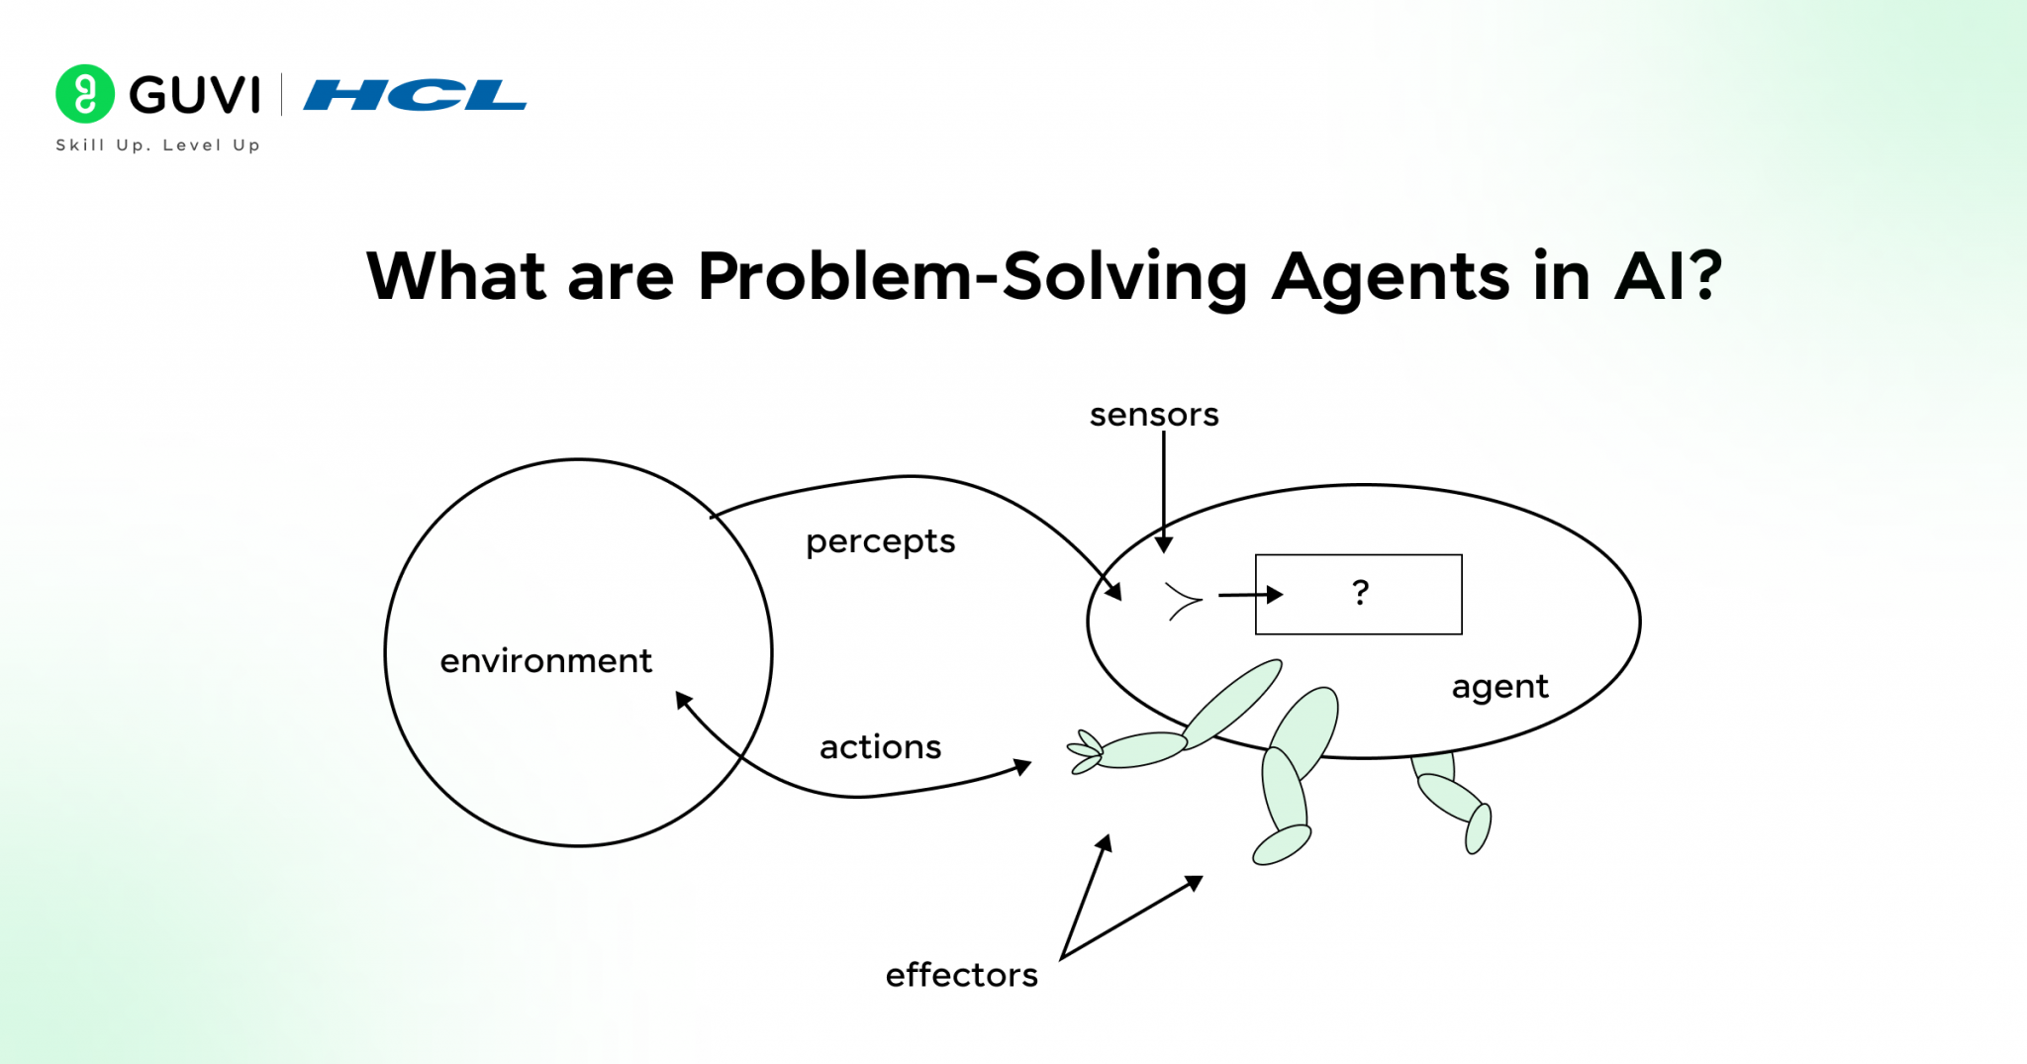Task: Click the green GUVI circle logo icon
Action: pos(85,94)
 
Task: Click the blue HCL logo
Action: pos(415,95)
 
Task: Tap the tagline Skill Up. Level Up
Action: pos(158,145)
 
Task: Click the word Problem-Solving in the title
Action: pos(973,276)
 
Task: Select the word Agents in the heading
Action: pos(1391,278)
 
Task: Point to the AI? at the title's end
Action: pos(1669,276)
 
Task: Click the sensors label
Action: pos(1154,415)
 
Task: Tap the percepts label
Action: pos(880,541)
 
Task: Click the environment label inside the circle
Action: pos(545,660)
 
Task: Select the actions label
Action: pos(880,746)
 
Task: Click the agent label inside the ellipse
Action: pos(1499,687)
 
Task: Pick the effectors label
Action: pos(961,975)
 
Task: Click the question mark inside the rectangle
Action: pos(1361,593)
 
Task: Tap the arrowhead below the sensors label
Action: pos(1164,544)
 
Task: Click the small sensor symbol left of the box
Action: pos(1183,600)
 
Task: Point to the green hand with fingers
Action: pos(1086,752)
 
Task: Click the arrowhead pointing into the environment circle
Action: pos(684,700)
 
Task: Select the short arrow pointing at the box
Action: pos(1251,595)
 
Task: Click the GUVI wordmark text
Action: pos(195,95)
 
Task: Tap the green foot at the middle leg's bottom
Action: pos(1282,844)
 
